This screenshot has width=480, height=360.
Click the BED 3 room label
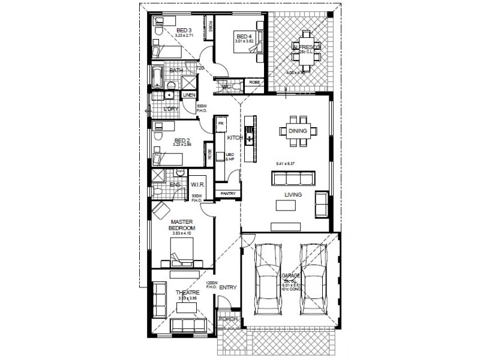183,31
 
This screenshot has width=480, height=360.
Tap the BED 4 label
242,36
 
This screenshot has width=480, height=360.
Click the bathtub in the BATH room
158,77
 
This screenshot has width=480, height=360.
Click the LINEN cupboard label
190,95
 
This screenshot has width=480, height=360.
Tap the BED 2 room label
181,139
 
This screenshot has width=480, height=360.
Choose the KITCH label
235,137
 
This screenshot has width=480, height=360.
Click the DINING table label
298,131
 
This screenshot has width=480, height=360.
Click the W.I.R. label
198,185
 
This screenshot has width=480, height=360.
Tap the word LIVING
293,195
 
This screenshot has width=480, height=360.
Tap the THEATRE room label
187,293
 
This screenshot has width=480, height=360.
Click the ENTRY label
228,288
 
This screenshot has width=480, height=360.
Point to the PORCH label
228,319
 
